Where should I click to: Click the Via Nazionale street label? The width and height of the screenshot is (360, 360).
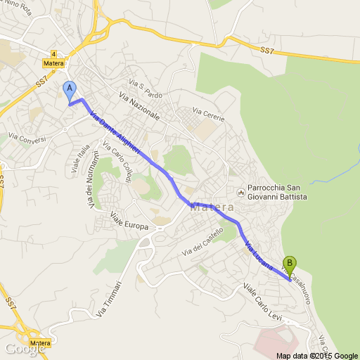pos(139,106)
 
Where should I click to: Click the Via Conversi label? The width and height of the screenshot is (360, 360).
pos(27,136)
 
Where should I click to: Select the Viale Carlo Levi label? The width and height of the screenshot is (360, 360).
pos(262,302)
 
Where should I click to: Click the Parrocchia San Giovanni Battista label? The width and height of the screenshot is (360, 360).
pos(277,193)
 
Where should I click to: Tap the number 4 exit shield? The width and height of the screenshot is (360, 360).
pos(53,53)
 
